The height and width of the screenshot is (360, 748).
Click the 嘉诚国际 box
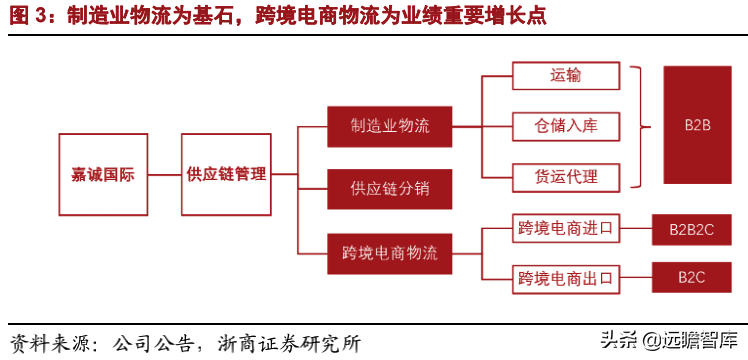tap(97, 173)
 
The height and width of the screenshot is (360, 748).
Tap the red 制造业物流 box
tap(390, 127)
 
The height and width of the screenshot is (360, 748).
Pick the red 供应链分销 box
tap(390, 187)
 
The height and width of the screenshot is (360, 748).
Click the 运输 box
tap(566, 76)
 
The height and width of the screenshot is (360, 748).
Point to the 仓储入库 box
tap(566, 126)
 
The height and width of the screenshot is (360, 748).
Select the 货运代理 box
tap(566, 176)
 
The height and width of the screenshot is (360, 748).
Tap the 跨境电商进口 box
tap(566, 229)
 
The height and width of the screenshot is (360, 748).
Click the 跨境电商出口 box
tap(566, 276)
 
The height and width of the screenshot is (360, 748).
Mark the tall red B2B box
tap(697, 126)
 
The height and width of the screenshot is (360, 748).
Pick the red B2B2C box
tap(698, 230)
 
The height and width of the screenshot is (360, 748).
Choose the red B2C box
tap(698, 276)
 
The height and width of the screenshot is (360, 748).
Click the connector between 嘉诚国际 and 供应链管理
tap(159, 173)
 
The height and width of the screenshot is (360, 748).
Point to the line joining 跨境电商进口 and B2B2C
tap(636, 230)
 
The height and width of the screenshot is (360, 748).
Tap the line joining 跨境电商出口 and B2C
tap(636, 276)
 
